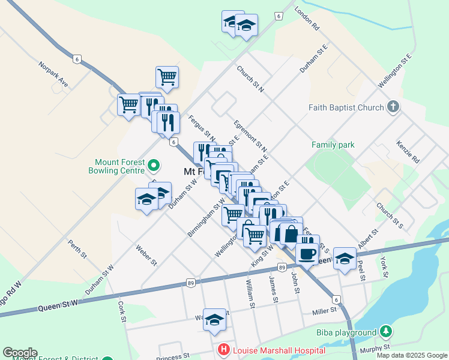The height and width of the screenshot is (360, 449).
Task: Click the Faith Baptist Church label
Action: (x=346, y=108)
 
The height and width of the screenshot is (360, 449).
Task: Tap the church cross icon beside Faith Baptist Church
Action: (x=393, y=107)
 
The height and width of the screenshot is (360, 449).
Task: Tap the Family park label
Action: (x=333, y=145)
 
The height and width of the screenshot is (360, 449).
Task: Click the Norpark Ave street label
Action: (x=53, y=73)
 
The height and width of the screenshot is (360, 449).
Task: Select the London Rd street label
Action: (x=307, y=19)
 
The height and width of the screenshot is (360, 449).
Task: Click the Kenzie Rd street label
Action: (x=408, y=152)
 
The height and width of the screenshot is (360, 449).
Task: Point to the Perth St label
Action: (x=77, y=248)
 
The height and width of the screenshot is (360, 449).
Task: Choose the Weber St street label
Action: (x=146, y=254)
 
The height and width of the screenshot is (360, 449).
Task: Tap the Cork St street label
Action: (x=122, y=311)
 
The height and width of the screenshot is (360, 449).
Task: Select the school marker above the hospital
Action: (x=214, y=320)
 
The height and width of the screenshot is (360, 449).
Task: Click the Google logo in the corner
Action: (x=20, y=353)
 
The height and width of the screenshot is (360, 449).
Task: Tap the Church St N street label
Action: (x=250, y=79)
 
